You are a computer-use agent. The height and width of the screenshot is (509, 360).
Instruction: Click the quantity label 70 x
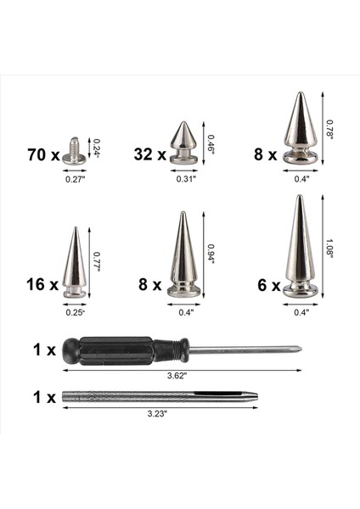tap(42, 155)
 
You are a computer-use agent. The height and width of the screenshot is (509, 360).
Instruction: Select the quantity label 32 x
tap(149, 155)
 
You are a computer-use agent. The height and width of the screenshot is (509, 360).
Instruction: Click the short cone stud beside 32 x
tap(183, 145)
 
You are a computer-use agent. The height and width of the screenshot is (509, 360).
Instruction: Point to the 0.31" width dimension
tap(186, 180)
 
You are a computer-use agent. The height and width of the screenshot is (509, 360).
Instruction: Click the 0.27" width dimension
tap(76, 180)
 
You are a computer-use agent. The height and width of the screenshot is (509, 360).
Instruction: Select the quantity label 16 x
tap(42, 284)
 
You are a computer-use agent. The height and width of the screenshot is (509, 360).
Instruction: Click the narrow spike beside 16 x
tap(74, 262)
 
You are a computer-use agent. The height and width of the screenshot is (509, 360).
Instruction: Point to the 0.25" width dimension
tap(75, 312)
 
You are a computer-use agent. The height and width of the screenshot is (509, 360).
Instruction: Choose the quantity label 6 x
tap(269, 286)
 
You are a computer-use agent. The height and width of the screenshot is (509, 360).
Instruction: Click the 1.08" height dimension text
tap(329, 248)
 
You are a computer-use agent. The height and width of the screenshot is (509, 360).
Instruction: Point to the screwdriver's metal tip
tap(293, 348)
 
